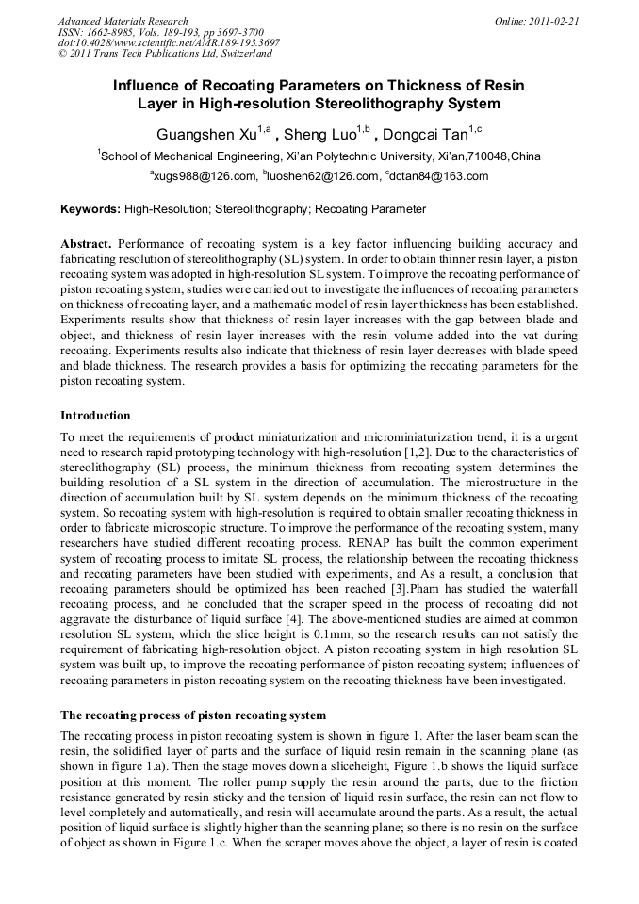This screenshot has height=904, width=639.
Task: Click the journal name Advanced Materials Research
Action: point(123,21)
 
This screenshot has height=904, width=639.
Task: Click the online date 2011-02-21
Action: point(554,21)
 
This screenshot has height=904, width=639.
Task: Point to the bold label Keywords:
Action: point(90,209)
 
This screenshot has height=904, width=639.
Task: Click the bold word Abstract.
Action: point(86,243)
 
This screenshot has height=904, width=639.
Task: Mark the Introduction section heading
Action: point(96,415)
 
